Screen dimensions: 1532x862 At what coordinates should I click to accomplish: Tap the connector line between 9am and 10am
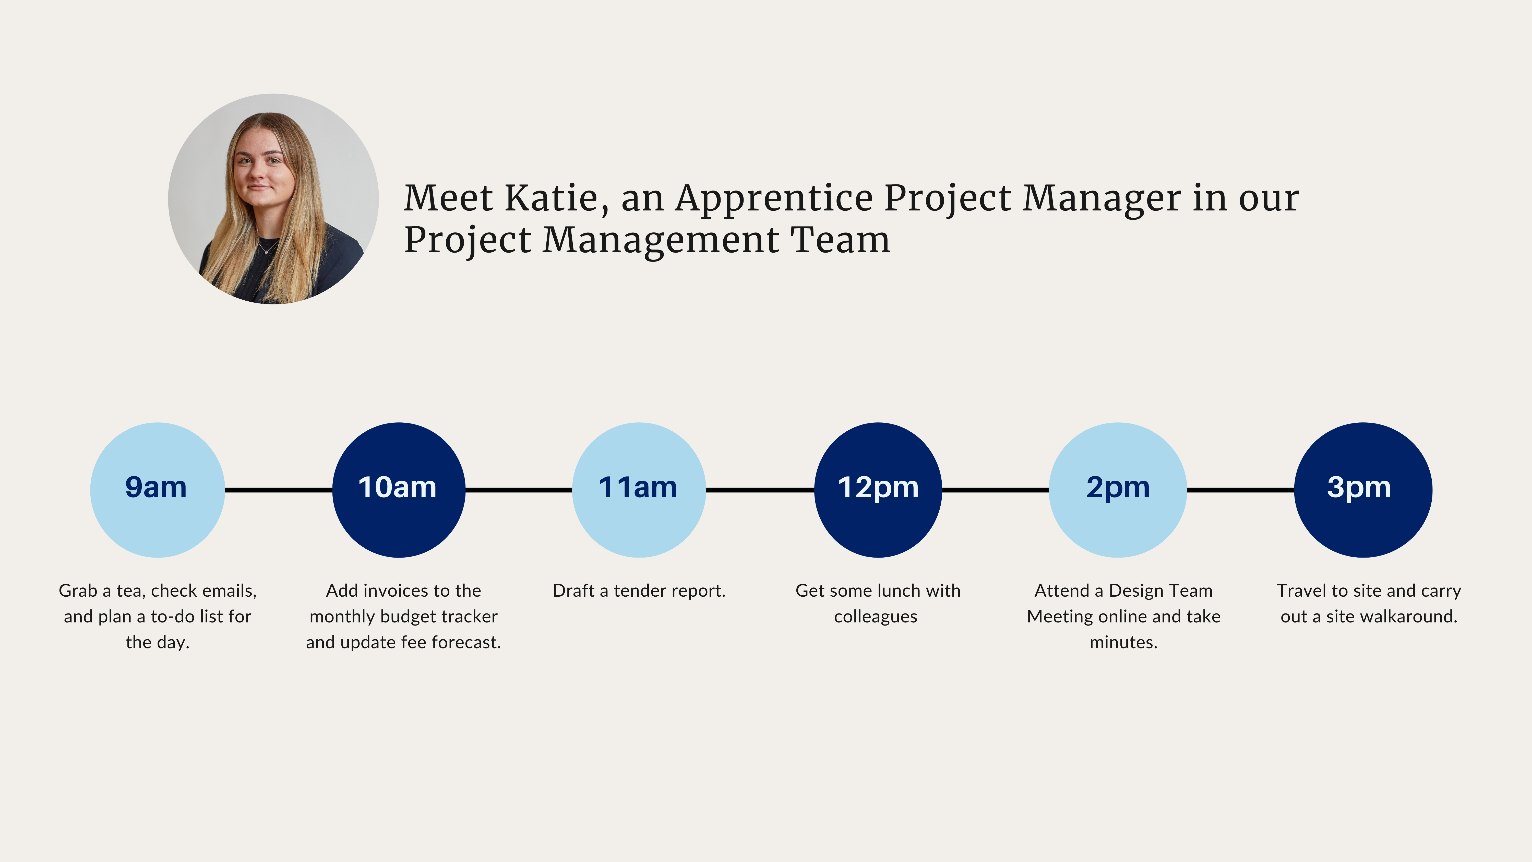click(278, 490)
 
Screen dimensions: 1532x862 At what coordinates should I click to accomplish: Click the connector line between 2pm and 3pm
click(1241, 490)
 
